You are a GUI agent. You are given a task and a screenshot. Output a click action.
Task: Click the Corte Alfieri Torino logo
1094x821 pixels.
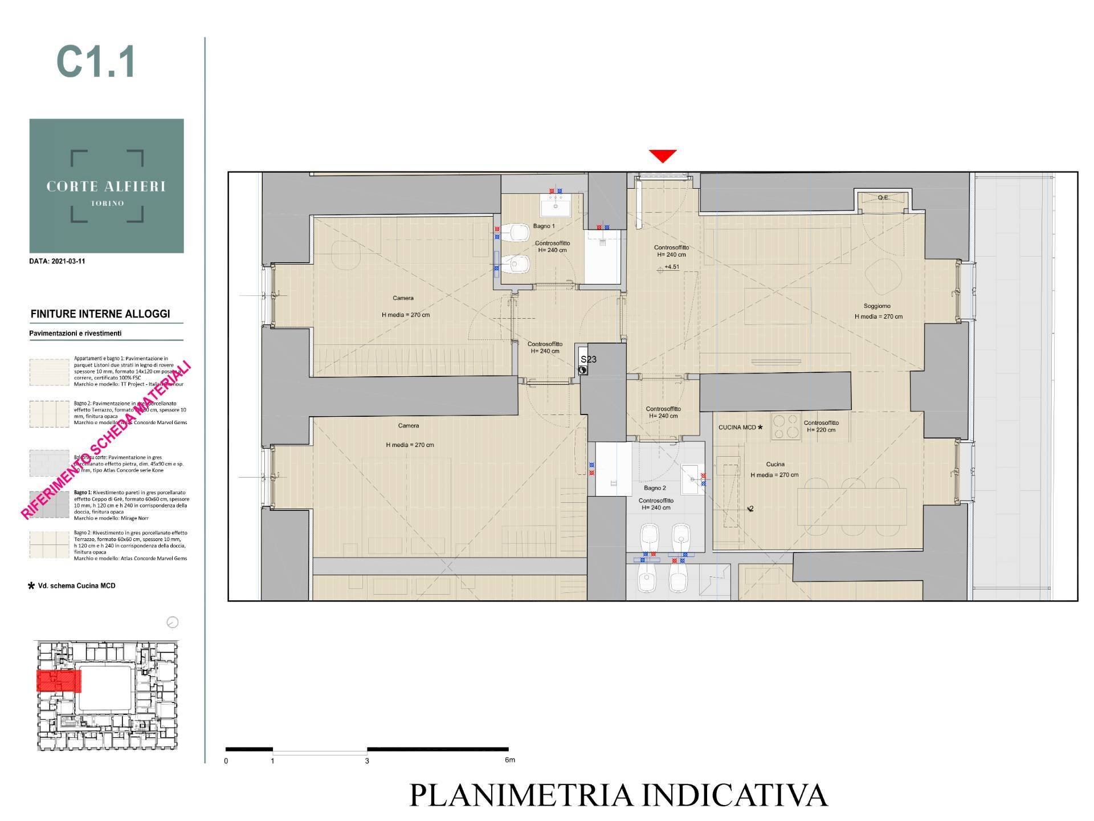tap(107, 186)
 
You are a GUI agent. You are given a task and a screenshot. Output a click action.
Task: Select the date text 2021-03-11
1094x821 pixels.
tap(57, 262)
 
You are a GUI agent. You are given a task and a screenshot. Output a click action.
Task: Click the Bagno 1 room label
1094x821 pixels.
tap(544, 226)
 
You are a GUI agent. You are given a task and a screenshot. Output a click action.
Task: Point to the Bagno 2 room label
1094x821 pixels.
tap(655, 488)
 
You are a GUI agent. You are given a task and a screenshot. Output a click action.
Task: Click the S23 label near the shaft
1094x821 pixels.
tap(588, 360)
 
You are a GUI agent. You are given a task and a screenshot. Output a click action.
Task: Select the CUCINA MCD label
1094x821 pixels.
tap(737, 427)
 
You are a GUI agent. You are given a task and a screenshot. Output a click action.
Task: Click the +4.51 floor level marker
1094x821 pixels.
tap(671, 267)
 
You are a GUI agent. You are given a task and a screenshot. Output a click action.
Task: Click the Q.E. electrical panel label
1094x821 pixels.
tap(883, 198)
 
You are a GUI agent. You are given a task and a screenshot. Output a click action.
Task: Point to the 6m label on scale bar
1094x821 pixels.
tap(509, 760)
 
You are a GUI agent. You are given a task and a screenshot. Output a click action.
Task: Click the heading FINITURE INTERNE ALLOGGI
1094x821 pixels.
tap(100, 314)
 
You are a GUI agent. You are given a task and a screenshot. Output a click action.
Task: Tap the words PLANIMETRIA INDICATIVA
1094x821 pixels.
tap(618, 795)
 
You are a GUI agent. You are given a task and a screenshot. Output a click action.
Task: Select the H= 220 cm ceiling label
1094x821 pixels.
tap(821, 430)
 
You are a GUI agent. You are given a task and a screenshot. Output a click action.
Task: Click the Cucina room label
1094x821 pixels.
tap(775, 464)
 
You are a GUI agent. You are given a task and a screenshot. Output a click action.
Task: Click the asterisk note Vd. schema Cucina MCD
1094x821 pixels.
tap(72, 586)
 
